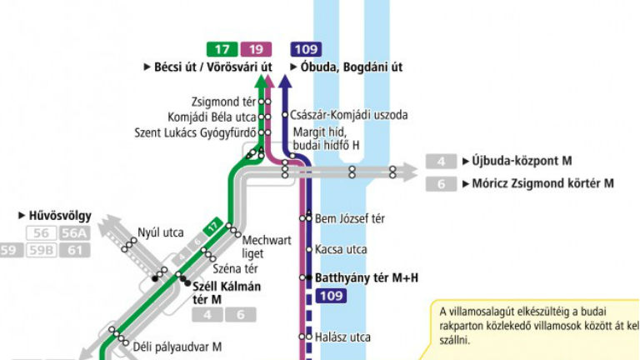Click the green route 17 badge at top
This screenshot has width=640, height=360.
(221, 49)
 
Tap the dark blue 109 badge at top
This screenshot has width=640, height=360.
(306, 49)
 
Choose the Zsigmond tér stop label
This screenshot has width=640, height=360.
(222, 101)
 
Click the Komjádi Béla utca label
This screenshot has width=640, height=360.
(212, 117)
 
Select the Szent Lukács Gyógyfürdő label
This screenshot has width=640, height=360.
(195, 132)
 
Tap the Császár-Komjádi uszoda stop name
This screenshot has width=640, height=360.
(337, 116)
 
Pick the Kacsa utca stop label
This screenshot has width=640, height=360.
(341, 249)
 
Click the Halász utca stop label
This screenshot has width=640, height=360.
(342, 337)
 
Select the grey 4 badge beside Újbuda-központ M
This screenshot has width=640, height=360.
(441, 162)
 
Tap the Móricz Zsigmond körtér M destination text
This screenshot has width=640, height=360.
(537, 183)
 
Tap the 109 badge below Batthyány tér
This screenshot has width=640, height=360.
(331, 296)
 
